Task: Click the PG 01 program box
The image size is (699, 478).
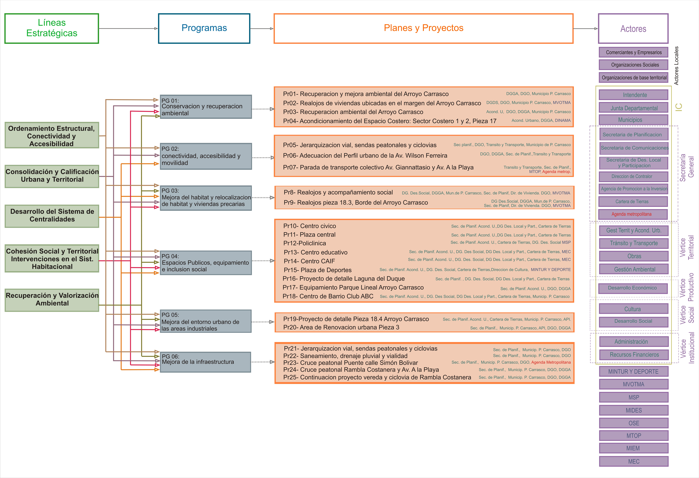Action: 206,107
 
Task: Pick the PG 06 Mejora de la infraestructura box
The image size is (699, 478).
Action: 205,362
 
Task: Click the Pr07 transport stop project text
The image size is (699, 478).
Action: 378,167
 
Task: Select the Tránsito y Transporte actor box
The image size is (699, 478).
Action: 634,243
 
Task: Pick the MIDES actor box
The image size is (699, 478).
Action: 634,410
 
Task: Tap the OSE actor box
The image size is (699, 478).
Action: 634,423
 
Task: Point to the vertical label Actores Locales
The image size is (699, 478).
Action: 676,66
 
